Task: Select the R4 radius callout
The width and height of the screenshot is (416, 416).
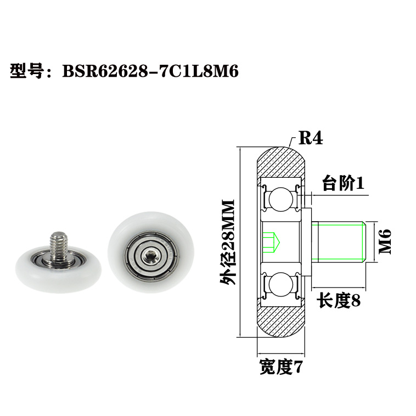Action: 310,138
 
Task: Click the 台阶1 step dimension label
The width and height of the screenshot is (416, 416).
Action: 343,183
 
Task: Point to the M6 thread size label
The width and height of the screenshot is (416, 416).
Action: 386,241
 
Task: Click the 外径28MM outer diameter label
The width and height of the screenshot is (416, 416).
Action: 227,241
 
